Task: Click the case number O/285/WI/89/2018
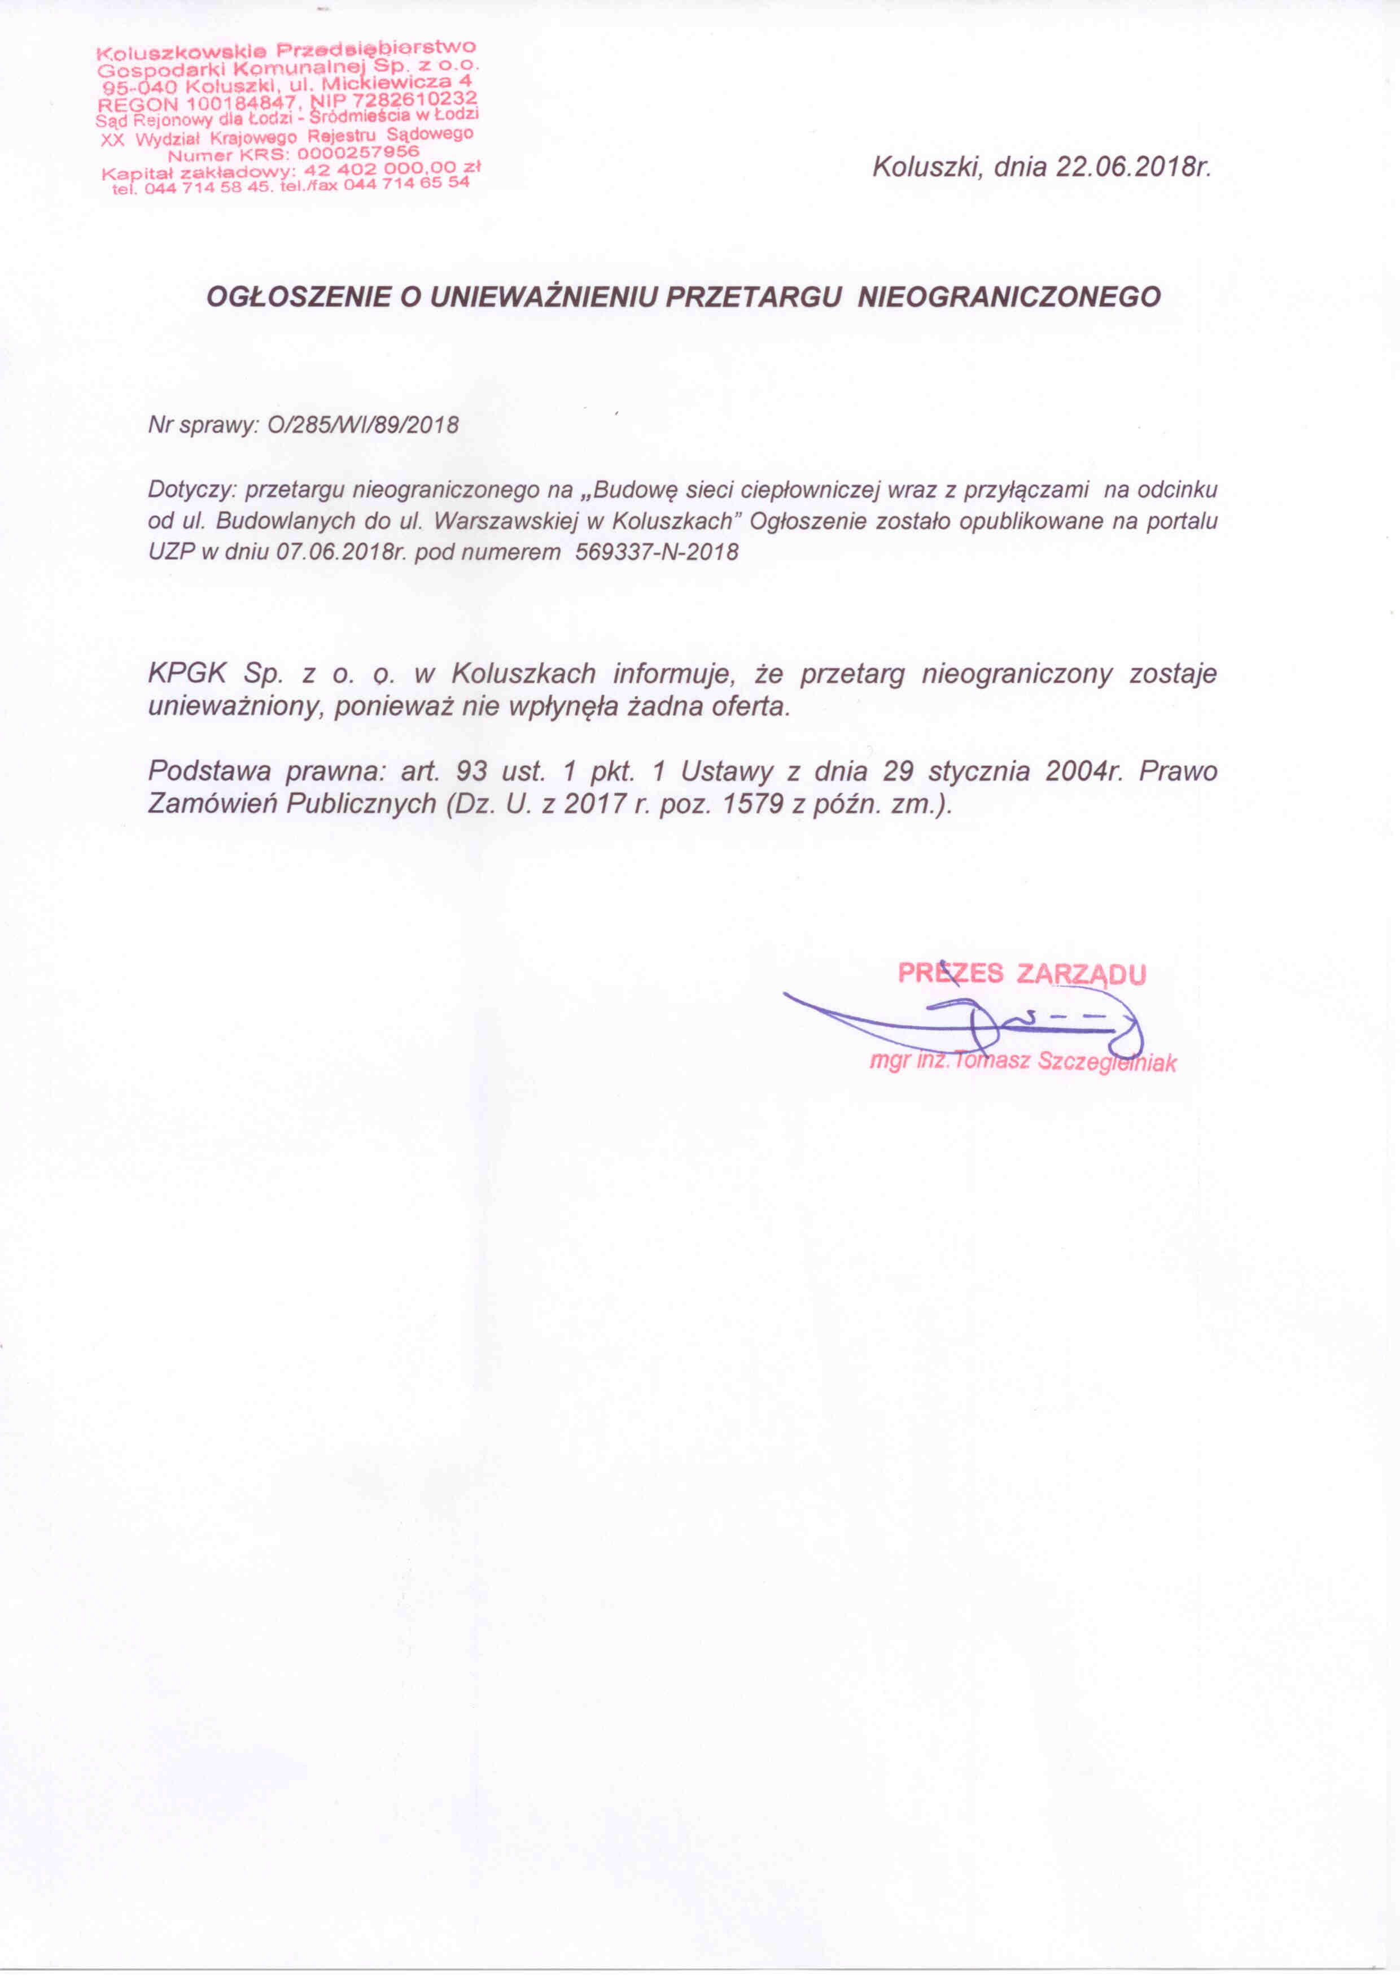364,425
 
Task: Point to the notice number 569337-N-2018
657,552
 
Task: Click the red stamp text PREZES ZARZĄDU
1022,974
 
